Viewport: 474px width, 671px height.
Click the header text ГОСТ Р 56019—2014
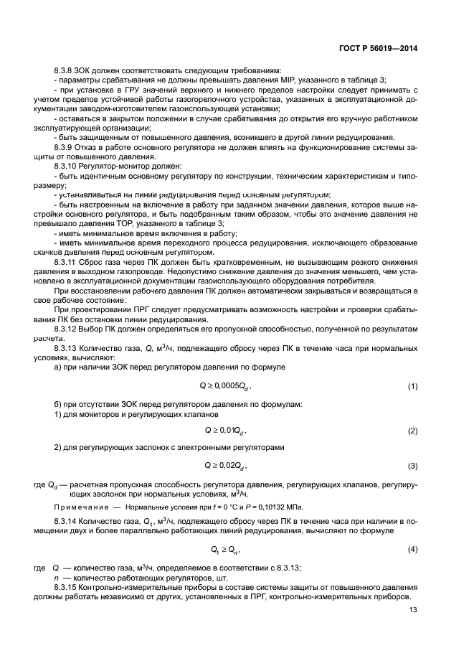[x=379, y=48]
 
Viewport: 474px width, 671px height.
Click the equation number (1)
[x=413, y=387]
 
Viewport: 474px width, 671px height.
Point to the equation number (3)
[x=413, y=466]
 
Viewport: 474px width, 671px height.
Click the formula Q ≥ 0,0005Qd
[x=226, y=387]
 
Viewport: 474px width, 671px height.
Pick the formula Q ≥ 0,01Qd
[x=226, y=431]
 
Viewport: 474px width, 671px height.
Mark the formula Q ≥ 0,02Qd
[x=226, y=466]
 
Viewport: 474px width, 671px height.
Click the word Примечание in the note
[x=80, y=507]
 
